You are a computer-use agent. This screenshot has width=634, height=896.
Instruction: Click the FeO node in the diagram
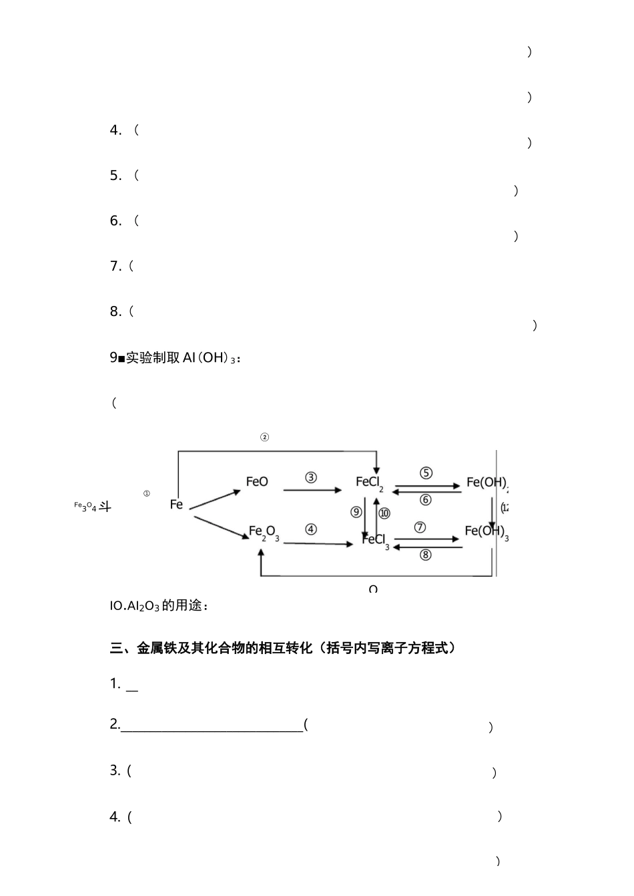tap(257, 481)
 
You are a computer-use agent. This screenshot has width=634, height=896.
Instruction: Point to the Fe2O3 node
tap(264, 532)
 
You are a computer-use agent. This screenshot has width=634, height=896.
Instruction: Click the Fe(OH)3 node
tap(486, 531)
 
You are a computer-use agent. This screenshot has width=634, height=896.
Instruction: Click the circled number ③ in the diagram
tap(311, 477)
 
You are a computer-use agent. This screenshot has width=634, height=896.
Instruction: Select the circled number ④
tap(311, 529)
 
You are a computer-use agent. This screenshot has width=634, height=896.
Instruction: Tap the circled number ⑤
tap(426, 473)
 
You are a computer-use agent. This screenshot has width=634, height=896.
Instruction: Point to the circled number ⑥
tap(426, 499)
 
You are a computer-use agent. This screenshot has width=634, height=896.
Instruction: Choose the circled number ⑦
tap(420, 527)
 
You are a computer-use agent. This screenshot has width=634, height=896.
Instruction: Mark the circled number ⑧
tap(426, 554)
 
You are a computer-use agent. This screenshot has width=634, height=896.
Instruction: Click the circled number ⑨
tap(356, 512)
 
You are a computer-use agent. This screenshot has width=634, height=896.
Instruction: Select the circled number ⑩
tap(384, 513)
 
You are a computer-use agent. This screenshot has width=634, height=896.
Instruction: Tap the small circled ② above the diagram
tap(264, 437)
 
